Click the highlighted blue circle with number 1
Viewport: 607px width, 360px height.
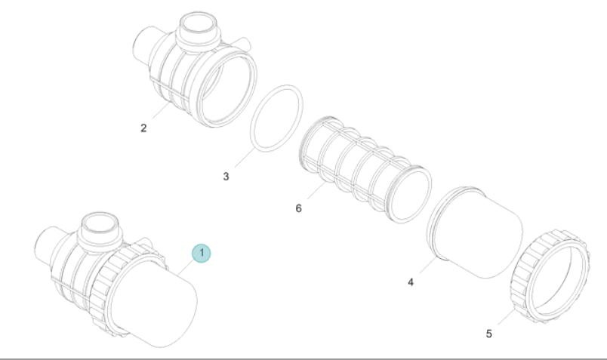point(202,253)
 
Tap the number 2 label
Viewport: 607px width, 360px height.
point(143,128)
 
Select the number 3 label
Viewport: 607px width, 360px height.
point(226,177)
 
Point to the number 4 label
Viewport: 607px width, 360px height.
point(411,282)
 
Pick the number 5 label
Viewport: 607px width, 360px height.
point(489,334)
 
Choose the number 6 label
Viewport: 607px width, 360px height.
point(298,208)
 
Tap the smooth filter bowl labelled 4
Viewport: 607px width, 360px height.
point(476,232)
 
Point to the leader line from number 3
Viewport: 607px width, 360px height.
point(245,157)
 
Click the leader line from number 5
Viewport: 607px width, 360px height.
point(507,317)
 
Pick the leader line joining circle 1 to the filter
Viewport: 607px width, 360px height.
point(186,267)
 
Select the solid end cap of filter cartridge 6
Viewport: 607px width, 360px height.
point(411,194)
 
